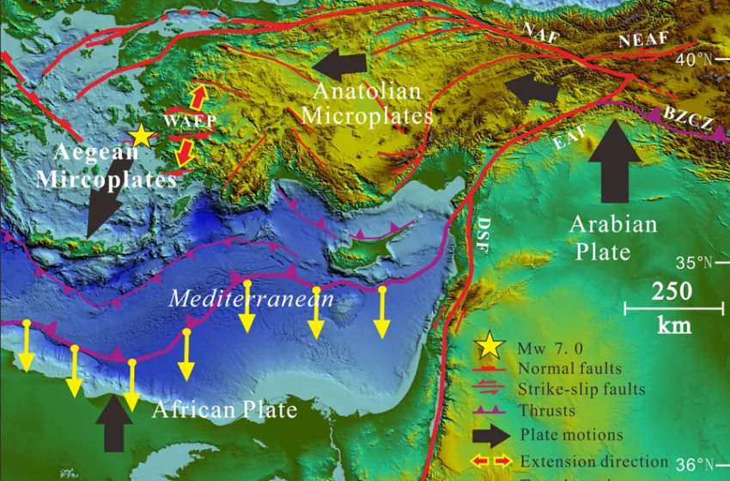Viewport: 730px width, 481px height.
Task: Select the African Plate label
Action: tap(224, 410)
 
